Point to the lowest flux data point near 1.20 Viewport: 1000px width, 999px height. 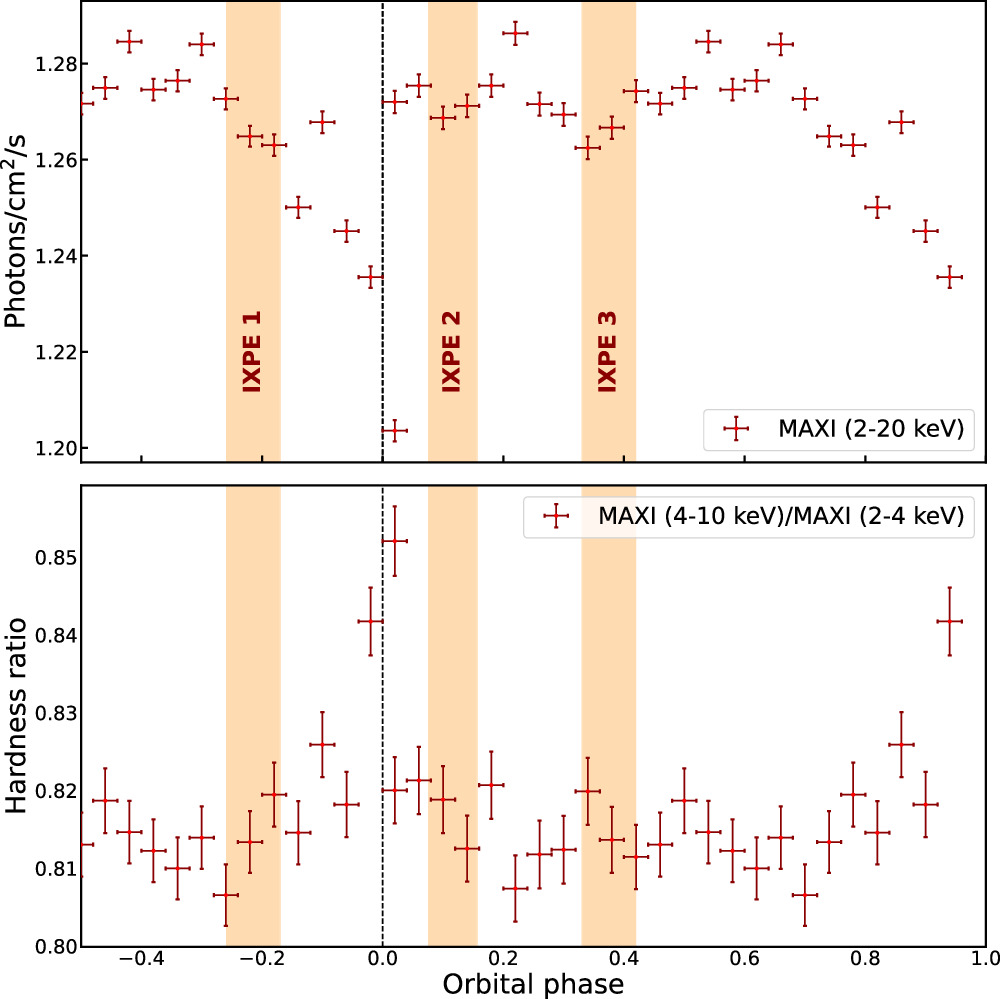click(395, 431)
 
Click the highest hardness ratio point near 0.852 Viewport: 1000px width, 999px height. click(395, 541)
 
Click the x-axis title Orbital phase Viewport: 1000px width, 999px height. click(534, 984)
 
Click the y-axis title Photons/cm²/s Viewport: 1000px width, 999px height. click(19, 231)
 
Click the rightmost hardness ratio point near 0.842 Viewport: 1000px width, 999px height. click(949, 621)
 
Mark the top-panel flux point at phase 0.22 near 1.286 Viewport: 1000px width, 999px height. click(515, 33)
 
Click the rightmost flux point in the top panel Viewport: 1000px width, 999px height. click(949, 277)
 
